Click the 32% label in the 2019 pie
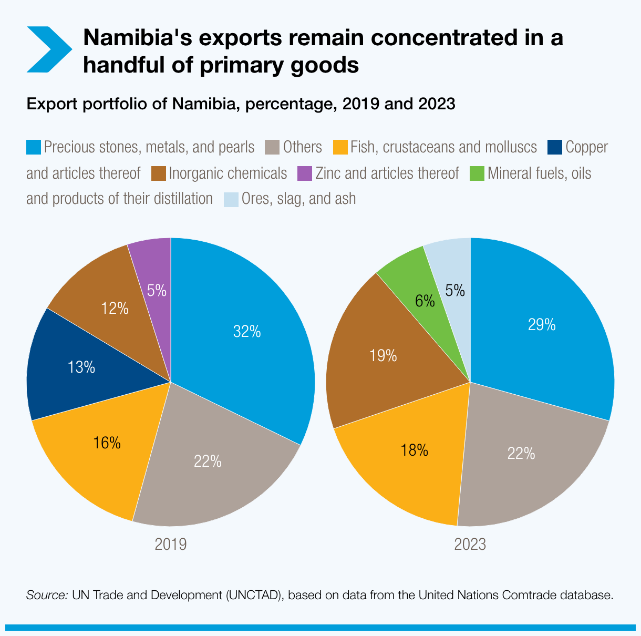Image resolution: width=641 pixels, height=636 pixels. point(247,332)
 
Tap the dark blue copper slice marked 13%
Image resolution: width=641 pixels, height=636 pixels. point(81,367)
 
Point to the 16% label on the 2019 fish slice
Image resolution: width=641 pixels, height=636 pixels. point(107,443)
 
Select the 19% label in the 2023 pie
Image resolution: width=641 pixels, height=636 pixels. point(382,356)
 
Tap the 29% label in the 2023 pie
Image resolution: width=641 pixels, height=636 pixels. point(542,325)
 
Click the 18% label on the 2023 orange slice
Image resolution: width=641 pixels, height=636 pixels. point(414,450)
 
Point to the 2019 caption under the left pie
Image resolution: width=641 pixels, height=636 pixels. point(171,544)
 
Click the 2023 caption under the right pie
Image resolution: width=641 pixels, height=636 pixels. point(470,545)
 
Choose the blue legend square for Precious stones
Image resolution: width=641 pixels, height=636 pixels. point(33,147)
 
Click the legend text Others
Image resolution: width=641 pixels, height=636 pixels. point(302,147)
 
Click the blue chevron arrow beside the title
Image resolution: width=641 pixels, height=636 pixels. point(48,49)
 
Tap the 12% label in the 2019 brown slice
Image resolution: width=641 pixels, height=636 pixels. point(115,309)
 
